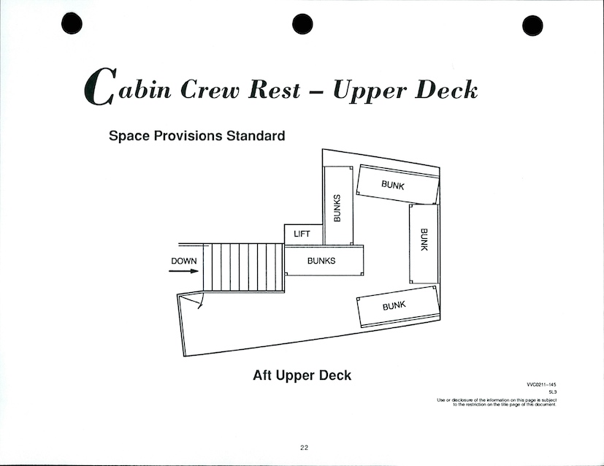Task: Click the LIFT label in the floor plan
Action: pos(302,234)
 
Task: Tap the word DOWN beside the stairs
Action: pos(184,261)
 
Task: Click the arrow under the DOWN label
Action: pos(184,271)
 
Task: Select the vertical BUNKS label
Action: pos(337,208)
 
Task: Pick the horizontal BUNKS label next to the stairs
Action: pos(321,261)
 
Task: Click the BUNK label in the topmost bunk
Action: pos(393,186)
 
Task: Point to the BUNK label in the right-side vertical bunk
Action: pos(424,240)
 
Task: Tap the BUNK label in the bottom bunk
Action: pos(394,306)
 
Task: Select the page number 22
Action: pos(304,448)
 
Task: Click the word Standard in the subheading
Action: pos(256,136)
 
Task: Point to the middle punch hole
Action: pos(302,24)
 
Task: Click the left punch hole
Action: pos(72,23)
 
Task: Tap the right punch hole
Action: pos(532,26)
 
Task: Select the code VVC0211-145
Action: pos(541,384)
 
